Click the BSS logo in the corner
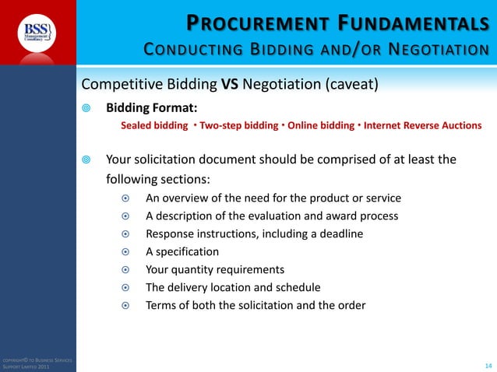point(37,33)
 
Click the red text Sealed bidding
point(153,125)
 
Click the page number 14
point(488,364)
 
